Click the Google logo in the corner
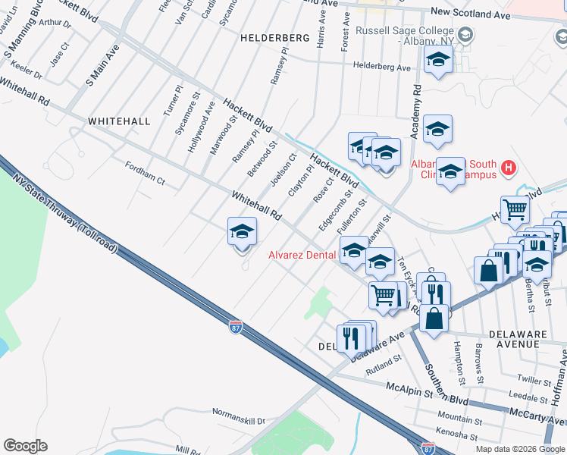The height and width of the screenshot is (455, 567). pos(25,446)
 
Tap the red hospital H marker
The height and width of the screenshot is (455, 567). pos(509,167)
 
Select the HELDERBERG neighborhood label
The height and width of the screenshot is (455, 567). pos(275,37)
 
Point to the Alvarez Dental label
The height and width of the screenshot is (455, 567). pos(302,256)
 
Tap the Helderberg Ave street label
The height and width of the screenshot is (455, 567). pos(382,67)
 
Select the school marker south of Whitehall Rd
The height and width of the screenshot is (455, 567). pos(242,231)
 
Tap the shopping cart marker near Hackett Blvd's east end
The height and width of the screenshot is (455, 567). pos(515,209)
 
